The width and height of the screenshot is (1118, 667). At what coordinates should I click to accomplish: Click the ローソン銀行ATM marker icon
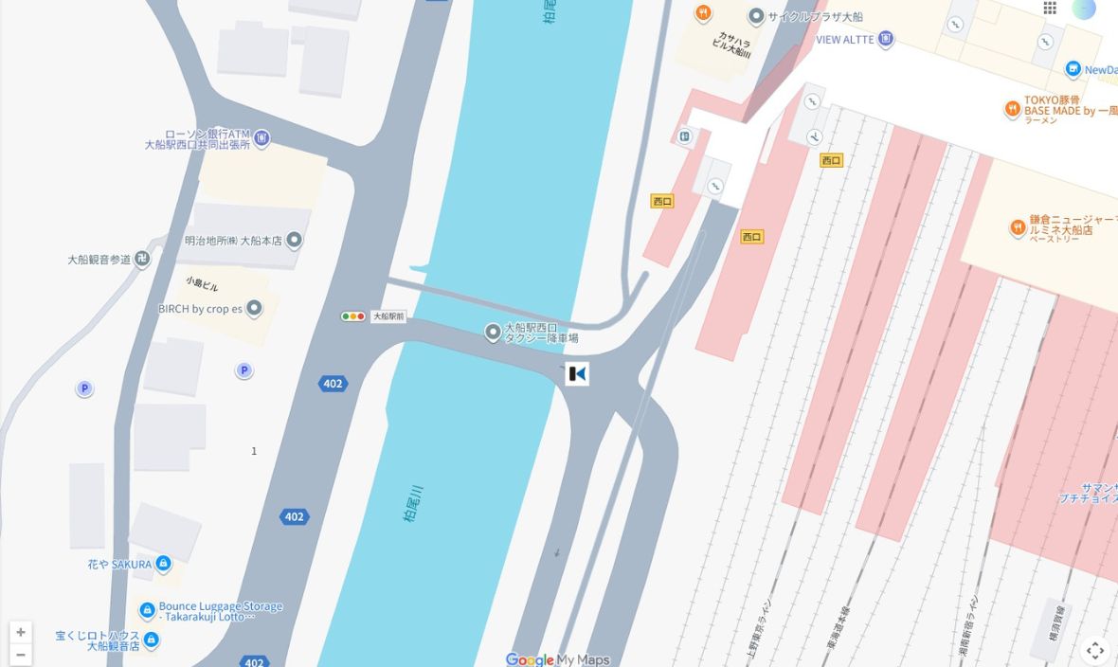pyautogui.click(x=261, y=139)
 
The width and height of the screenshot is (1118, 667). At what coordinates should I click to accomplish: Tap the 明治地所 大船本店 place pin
pyautogui.click(x=294, y=240)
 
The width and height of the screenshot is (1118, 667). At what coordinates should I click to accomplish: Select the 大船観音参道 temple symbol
pyautogui.click(x=142, y=259)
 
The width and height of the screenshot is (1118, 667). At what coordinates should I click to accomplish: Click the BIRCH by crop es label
pyautogui.click(x=200, y=309)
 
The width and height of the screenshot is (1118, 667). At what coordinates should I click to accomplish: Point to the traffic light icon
pyautogui.click(x=353, y=316)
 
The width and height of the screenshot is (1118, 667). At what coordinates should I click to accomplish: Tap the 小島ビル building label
pyautogui.click(x=202, y=284)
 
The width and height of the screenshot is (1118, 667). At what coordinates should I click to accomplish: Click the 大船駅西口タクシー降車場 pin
pyautogui.click(x=493, y=332)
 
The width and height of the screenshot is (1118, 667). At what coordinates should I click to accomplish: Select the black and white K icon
pyautogui.click(x=577, y=374)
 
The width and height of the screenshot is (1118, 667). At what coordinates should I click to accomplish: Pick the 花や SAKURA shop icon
pyautogui.click(x=163, y=564)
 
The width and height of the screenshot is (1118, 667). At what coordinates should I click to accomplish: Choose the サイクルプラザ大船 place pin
pyautogui.click(x=756, y=15)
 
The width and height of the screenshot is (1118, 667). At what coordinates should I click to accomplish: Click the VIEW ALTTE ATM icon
pyautogui.click(x=886, y=39)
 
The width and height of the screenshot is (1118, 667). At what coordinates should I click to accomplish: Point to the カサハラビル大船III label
pyautogui.click(x=733, y=44)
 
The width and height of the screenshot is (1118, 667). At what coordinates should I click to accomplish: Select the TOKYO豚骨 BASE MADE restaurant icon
pyautogui.click(x=1012, y=109)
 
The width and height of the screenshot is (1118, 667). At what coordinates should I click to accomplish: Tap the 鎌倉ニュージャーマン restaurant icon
pyautogui.click(x=1018, y=227)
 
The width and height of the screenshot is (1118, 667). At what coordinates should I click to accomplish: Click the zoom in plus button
pyautogui.click(x=21, y=632)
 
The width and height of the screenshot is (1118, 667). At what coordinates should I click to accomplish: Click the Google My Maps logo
pyautogui.click(x=557, y=659)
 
